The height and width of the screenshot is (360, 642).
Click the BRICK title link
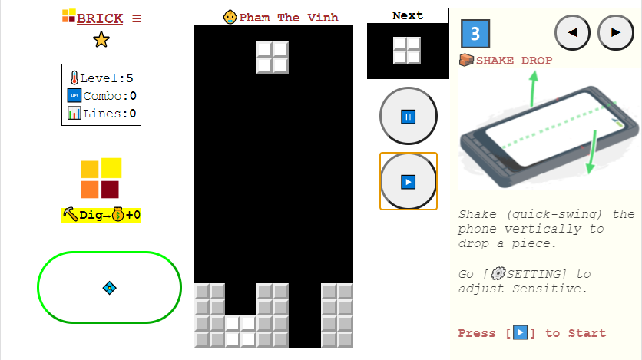[100, 18]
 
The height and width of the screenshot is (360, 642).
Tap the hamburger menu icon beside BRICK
[137, 18]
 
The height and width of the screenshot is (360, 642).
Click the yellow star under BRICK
[101, 40]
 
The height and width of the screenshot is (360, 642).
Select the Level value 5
[129, 78]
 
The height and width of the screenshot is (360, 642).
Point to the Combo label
[102, 96]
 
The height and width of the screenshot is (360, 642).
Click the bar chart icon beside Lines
[74, 114]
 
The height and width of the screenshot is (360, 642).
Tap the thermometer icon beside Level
[74, 78]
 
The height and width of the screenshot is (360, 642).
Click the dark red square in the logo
[110, 190]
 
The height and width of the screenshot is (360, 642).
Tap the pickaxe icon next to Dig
[71, 214]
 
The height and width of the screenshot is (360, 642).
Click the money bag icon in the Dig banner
[118, 214]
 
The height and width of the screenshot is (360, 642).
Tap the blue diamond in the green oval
[109, 288]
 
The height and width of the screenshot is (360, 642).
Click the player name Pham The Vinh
[289, 18]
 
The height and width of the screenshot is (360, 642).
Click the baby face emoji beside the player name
[230, 17]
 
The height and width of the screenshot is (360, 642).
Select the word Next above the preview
[408, 15]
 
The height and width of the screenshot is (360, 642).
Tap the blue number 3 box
[475, 34]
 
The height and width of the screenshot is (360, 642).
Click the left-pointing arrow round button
[572, 33]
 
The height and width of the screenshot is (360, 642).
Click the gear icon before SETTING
[498, 273]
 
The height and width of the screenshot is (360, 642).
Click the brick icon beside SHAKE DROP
[466, 60]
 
